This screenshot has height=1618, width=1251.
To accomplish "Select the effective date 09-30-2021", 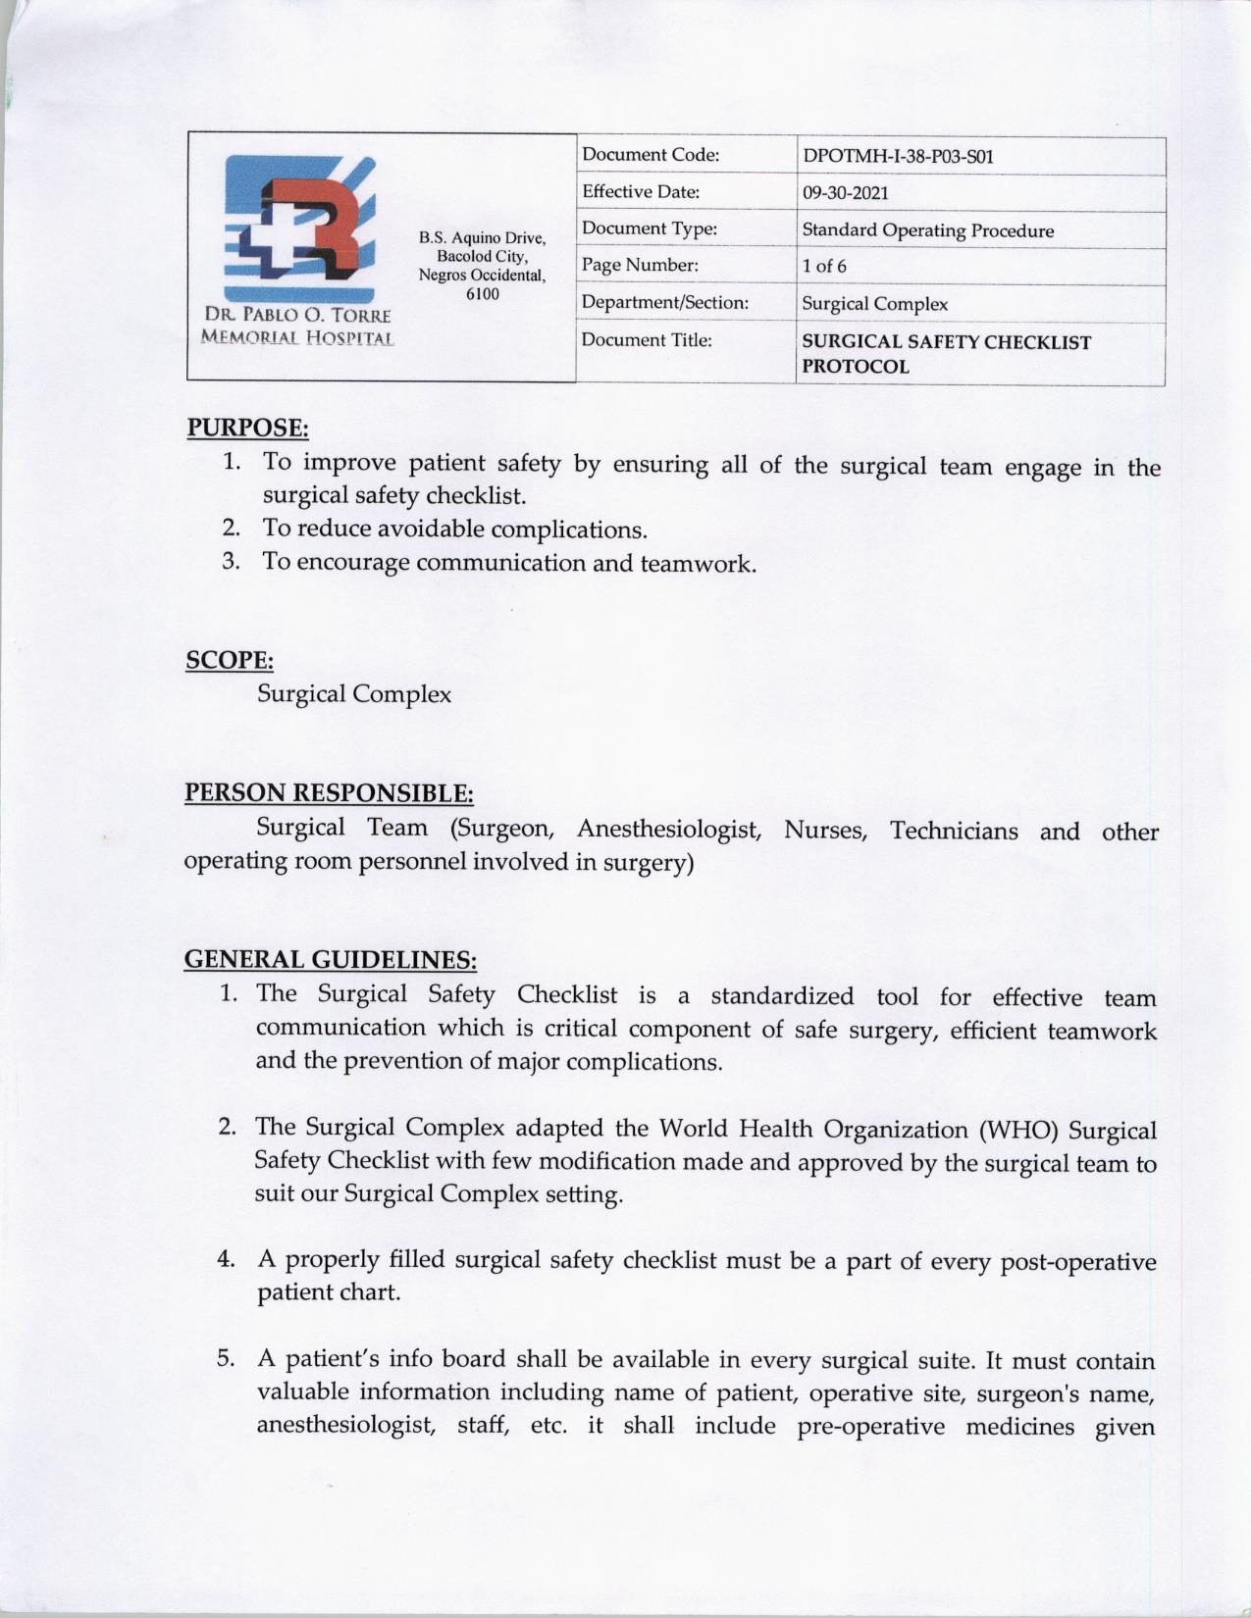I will [845, 192].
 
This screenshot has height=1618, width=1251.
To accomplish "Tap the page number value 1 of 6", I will [824, 266].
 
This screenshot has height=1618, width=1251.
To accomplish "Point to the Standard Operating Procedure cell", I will [927, 230].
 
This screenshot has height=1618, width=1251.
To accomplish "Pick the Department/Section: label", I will [664, 302].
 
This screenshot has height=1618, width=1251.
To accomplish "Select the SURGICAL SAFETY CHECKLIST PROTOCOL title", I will [945, 354].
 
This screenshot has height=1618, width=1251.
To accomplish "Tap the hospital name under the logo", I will [296, 327].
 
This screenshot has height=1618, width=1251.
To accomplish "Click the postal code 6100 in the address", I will [482, 293].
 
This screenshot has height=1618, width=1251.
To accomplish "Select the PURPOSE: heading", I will [247, 428].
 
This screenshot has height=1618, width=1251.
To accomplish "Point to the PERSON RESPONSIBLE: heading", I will [329, 792].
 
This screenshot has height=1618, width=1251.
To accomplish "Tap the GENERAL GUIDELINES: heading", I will [331, 958].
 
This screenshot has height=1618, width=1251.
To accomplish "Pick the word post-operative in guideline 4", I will [1077, 1262].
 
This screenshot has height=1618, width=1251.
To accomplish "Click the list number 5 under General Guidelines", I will [226, 1359].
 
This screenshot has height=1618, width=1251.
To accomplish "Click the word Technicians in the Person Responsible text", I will [954, 832].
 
